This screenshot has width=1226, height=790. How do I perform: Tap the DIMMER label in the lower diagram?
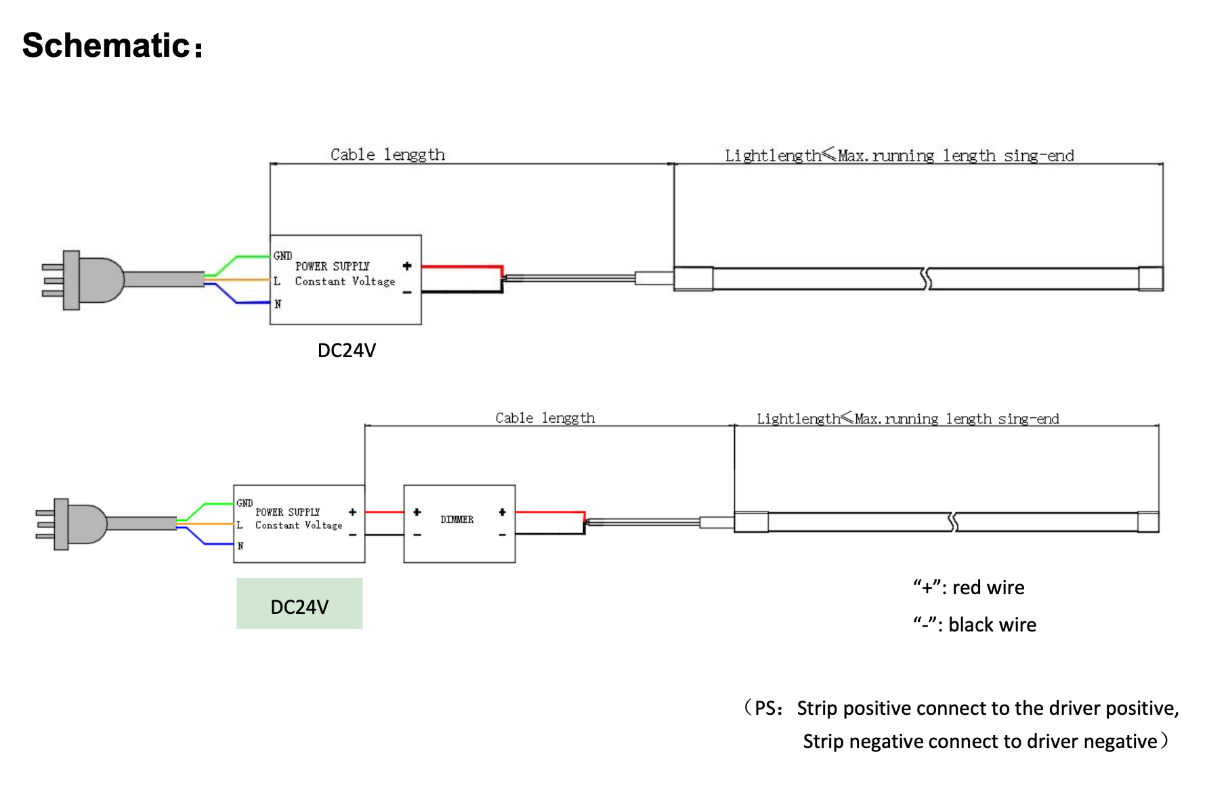pyautogui.click(x=457, y=520)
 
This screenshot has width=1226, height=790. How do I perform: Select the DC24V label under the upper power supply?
pyautogui.click(x=346, y=350)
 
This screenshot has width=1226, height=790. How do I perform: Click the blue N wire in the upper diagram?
pyautogui.click(x=247, y=302)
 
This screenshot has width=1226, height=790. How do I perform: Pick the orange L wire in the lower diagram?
pyautogui.click(x=207, y=524)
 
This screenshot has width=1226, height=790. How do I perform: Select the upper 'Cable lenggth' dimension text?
pyautogui.click(x=387, y=154)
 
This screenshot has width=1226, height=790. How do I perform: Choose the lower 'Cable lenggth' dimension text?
pyautogui.click(x=545, y=418)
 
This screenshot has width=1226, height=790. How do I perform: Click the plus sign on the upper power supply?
pyautogui.click(x=406, y=266)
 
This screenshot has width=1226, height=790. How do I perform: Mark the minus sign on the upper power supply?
pyautogui.click(x=406, y=292)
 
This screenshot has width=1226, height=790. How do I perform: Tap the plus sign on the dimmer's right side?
pyautogui.click(x=502, y=512)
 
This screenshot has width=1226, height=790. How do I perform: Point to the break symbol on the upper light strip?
pyautogui.click(x=926, y=278)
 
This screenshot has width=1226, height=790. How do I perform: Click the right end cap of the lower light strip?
pyautogui.click(x=1147, y=522)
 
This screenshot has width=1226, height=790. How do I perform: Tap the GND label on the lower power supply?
pyautogui.click(x=245, y=503)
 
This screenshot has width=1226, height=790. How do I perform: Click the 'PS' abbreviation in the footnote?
pyautogui.click(x=765, y=708)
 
